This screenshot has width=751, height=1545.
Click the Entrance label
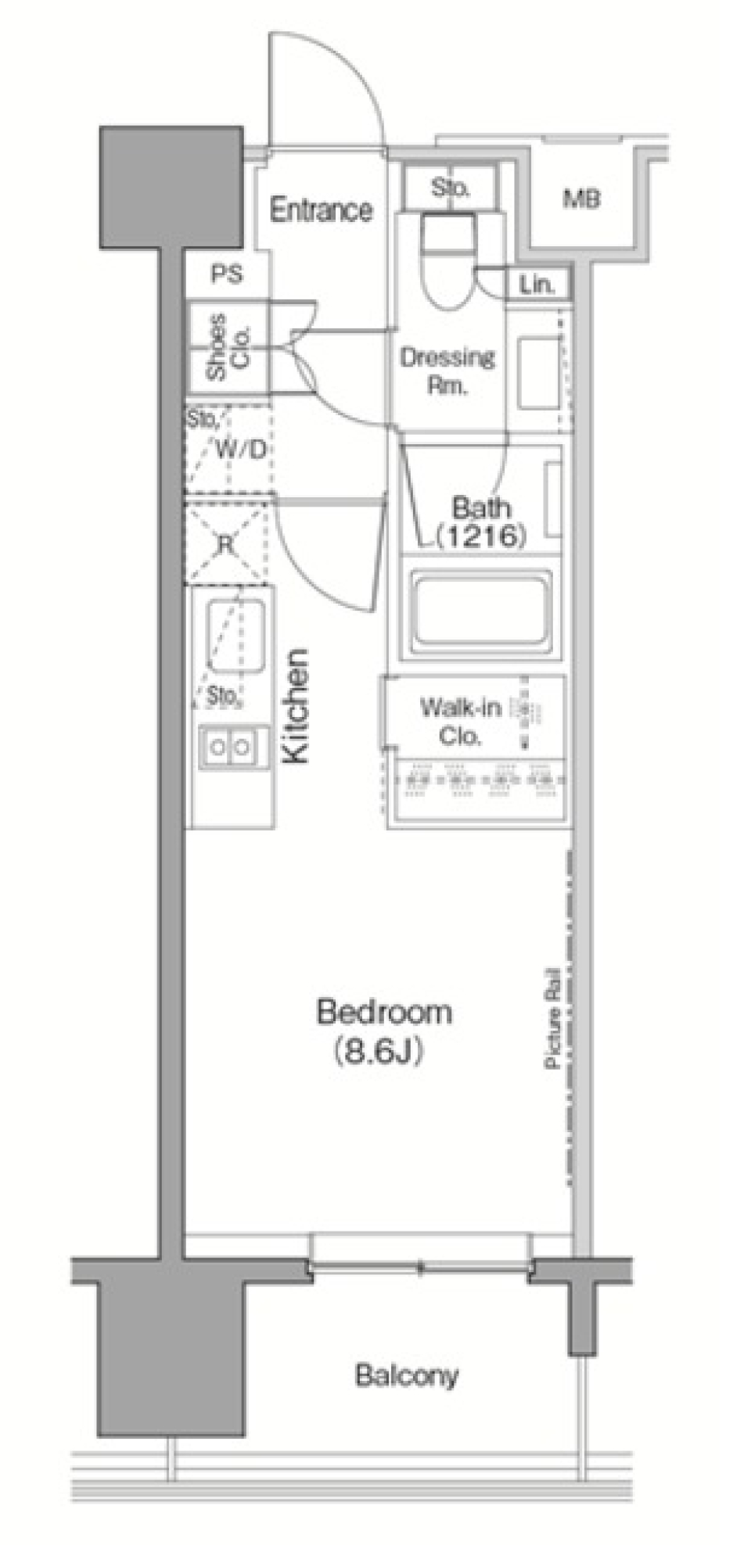click(x=321, y=210)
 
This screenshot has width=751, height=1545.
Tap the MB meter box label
click(x=582, y=199)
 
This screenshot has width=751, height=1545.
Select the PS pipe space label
click(x=226, y=274)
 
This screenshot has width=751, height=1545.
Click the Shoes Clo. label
click(x=228, y=347)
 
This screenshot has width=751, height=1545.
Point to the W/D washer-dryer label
click(x=240, y=449)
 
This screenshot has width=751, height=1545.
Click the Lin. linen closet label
click(x=537, y=285)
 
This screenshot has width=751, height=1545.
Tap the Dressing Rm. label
click(x=447, y=371)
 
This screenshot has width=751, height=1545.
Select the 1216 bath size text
click(x=480, y=536)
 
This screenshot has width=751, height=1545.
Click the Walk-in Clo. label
click(x=460, y=721)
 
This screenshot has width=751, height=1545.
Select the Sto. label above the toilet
click(x=450, y=188)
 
